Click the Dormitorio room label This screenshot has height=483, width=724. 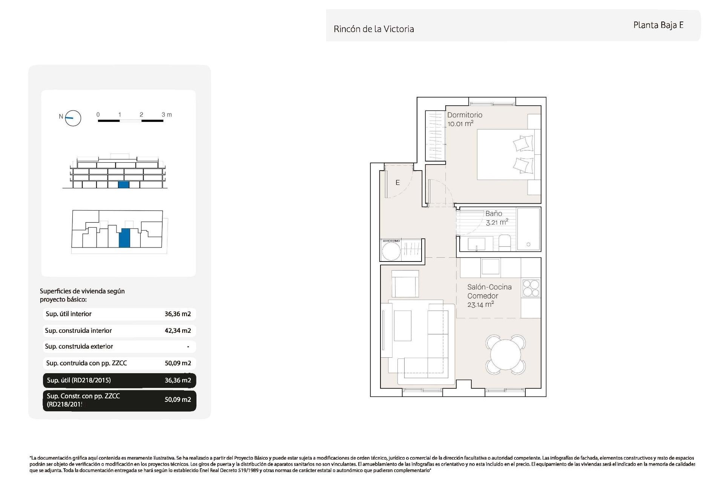tap(464, 115)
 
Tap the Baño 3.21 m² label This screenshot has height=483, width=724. tap(496, 218)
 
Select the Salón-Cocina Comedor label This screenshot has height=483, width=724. tap(489, 292)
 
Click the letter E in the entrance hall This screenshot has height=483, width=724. tap(397, 183)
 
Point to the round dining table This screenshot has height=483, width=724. tap(505, 355)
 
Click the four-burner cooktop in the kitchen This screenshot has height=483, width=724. tap(531, 288)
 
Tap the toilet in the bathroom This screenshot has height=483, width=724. tap(505, 242)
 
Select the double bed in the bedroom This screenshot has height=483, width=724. tap(505, 154)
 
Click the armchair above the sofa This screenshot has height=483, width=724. tap(405, 284)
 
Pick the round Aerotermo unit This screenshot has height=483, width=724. tap(391, 251)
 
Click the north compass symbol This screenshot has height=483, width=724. tap(73, 118)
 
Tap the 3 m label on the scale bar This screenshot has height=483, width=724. tap(166, 115)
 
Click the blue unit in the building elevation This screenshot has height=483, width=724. tap(124, 185)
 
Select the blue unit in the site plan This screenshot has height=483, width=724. tap(124, 238)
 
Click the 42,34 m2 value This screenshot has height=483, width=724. tap(178, 331)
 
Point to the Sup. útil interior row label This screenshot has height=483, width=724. tap(69, 314)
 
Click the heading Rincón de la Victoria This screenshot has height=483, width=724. tap(373, 29)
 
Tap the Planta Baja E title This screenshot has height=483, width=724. tap(658, 25)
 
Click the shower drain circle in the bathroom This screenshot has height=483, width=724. tap(528, 245)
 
